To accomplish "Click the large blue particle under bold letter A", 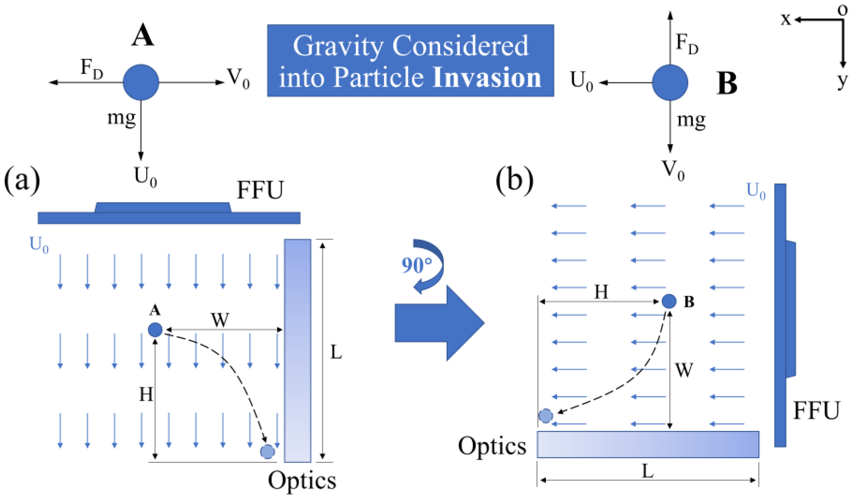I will [x=141, y=82].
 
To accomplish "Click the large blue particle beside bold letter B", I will [x=670, y=82].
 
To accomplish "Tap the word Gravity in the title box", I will [x=339, y=47].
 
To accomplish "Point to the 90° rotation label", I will [x=416, y=265].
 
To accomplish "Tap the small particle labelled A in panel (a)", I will [x=155, y=329].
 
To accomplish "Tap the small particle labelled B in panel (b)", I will [x=669, y=301].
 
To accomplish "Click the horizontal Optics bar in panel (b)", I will [x=648, y=444].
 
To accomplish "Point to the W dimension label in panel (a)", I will [x=220, y=319].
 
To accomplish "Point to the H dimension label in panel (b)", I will [x=601, y=292].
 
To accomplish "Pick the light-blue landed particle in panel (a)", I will [x=267, y=451].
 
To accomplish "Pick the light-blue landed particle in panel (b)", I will [x=546, y=416].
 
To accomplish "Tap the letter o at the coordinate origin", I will [x=843, y=9].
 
